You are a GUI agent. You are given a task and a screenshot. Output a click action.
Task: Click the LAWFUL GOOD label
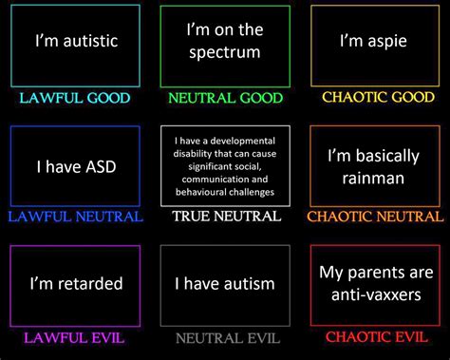point(74,97)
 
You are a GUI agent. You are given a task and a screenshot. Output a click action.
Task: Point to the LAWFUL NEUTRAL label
point(75,217)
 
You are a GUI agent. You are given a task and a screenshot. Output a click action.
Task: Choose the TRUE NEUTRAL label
point(226,217)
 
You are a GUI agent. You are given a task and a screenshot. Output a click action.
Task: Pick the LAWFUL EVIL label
point(75,336)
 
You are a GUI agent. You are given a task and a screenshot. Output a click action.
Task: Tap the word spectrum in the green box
point(225,52)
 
